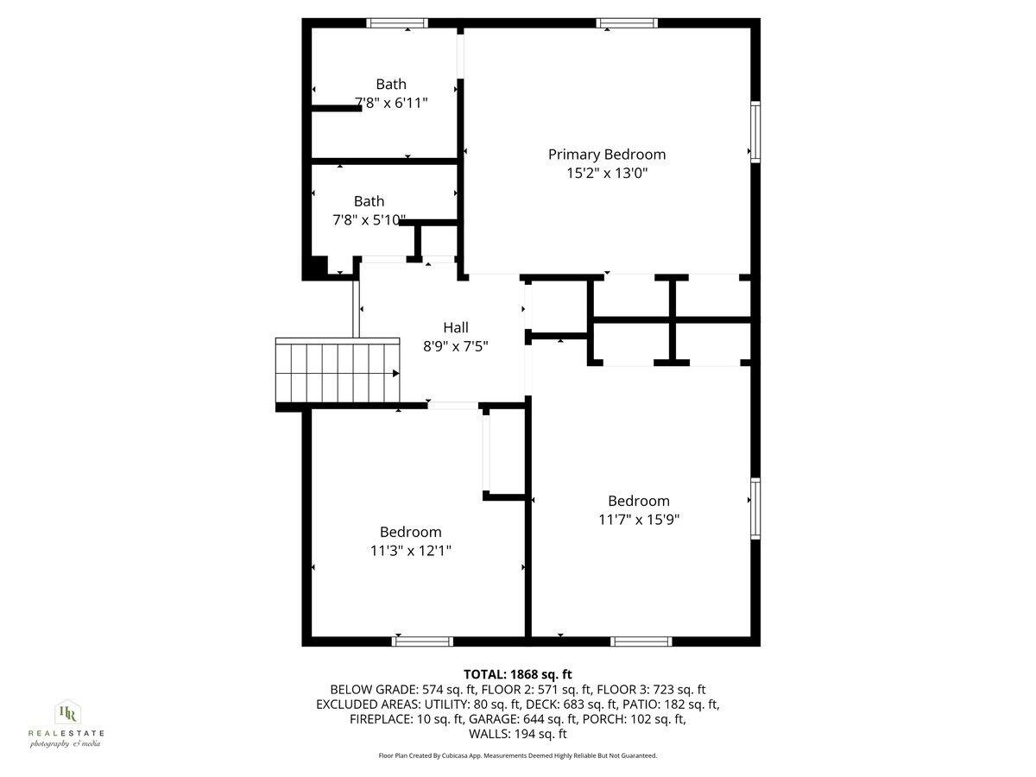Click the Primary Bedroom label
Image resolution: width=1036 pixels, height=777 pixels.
[x=607, y=155]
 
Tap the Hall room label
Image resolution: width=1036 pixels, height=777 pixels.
[x=456, y=327]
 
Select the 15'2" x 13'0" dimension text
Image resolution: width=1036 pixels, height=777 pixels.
[x=607, y=173]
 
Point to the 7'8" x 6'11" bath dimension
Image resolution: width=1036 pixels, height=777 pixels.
[x=391, y=102]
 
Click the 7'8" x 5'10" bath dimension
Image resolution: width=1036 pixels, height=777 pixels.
[x=369, y=219]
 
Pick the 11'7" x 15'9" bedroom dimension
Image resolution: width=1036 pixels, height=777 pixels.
[x=638, y=519]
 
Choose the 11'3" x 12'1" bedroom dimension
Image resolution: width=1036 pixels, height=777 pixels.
[x=410, y=550]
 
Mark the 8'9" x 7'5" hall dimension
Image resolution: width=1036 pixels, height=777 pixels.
[x=456, y=345]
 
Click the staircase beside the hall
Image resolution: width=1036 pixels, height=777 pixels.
[x=338, y=372]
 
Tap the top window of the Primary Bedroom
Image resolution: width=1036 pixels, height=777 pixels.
[x=627, y=23]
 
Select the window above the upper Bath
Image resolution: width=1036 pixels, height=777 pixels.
[x=396, y=23]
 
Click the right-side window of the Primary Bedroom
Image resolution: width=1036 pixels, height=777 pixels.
[x=755, y=131]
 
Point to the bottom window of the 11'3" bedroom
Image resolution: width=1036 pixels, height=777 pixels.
[x=422, y=641]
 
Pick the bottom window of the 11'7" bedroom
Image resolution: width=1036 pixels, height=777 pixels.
[x=641, y=641]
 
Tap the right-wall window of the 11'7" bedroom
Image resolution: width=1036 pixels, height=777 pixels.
[x=755, y=509]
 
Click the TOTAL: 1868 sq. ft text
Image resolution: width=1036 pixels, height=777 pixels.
[x=518, y=674]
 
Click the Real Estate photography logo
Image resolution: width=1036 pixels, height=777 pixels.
[x=66, y=724]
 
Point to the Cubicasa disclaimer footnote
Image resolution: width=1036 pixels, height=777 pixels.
[x=518, y=755]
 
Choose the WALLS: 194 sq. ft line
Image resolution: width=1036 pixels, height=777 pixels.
[x=518, y=734]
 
